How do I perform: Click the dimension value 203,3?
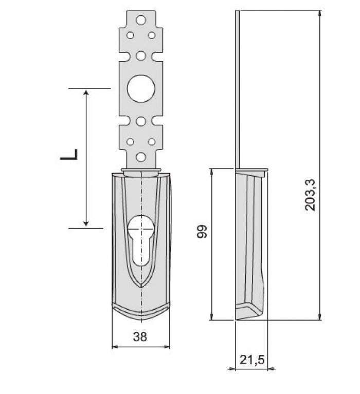click(x=310, y=195)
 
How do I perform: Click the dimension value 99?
click(x=202, y=232)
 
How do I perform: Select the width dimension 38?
click(x=140, y=336)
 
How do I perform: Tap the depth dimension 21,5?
click(x=252, y=360)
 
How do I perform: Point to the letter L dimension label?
click(x=69, y=154)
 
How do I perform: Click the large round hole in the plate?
click(x=141, y=88)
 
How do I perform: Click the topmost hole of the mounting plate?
click(x=141, y=20)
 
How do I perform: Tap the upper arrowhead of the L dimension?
click(x=86, y=92)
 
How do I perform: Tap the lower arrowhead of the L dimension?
click(x=86, y=223)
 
